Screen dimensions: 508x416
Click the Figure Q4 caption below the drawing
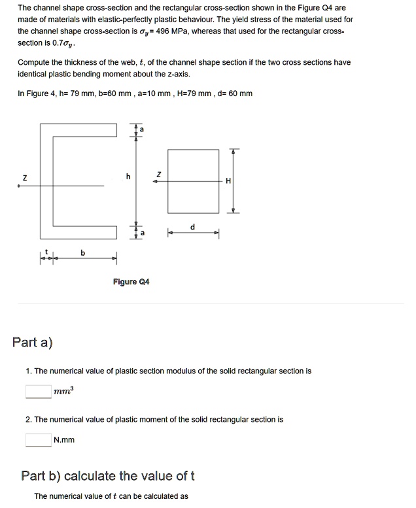131,282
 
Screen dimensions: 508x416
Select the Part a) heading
33,342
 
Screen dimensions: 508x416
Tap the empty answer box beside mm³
39,391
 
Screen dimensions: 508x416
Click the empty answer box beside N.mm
39,440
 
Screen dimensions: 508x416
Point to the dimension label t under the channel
46,252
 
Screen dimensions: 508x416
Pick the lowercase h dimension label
128,176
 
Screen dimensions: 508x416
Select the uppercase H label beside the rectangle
227,181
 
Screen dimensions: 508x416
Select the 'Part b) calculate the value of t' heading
108,475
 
